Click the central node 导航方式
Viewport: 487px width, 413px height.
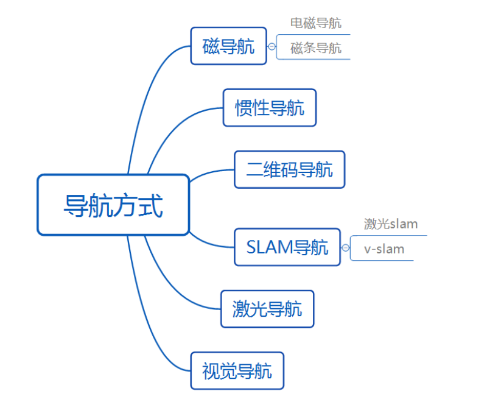point(113,205)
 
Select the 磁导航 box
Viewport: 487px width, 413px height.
point(228,46)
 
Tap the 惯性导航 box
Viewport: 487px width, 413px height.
point(269,108)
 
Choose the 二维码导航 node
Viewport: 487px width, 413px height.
point(289,169)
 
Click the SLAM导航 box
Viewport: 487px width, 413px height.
point(287,247)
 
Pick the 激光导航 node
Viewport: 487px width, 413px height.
point(267,309)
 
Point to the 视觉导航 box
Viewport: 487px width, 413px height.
point(237,370)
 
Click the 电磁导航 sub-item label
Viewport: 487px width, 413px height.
point(315,23)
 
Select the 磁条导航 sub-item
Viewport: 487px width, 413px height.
point(315,48)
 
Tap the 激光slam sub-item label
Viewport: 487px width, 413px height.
point(391,224)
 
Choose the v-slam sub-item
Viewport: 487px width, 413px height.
point(384,249)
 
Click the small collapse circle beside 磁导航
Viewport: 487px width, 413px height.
point(272,46)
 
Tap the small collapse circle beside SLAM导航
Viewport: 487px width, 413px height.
point(345,248)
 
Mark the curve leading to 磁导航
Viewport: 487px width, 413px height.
point(145,91)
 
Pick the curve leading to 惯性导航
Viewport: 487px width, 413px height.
point(177,125)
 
